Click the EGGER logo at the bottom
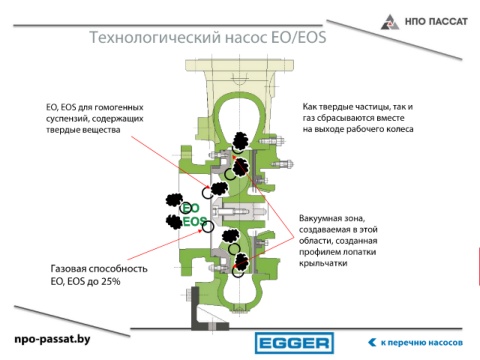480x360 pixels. pyautogui.click(x=294, y=343)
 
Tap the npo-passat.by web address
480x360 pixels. pyautogui.click(x=52, y=339)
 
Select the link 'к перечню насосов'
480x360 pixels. pyautogui.click(x=422, y=343)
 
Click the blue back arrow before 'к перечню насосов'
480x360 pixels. pyautogui.click(x=372, y=342)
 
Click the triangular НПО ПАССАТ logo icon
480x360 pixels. pyautogui.click(x=390, y=22)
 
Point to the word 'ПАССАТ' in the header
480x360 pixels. pyautogui.click(x=448, y=22)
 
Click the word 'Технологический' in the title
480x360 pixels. pyautogui.click(x=155, y=37)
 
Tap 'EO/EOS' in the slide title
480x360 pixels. pyautogui.click(x=299, y=37)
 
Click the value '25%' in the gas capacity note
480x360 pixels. pyautogui.click(x=111, y=282)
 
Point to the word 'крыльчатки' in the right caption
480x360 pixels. pyautogui.click(x=323, y=263)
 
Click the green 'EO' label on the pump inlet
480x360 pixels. pyautogui.click(x=191, y=208)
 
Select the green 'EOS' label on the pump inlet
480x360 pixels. pyautogui.click(x=194, y=221)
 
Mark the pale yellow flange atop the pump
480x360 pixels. pyautogui.click(x=240, y=64)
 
